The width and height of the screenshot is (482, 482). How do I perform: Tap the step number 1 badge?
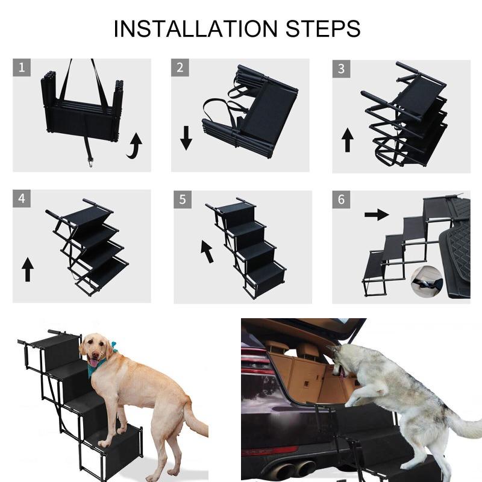(x=22, y=67)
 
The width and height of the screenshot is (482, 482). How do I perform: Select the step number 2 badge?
(x=180, y=67)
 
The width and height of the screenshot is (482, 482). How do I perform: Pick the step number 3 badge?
(x=341, y=68)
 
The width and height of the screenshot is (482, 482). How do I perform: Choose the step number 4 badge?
(x=22, y=198)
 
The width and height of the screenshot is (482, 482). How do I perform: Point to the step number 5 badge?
(x=182, y=199)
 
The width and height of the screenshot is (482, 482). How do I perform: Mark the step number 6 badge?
(x=341, y=199)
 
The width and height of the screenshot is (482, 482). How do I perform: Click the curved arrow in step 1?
(x=134, y=146)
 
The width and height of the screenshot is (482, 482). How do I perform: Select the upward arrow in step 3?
(x=347, y=140)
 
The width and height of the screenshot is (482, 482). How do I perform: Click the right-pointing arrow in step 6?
(x=377, y=214)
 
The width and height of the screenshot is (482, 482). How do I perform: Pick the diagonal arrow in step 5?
(x=207, y=251)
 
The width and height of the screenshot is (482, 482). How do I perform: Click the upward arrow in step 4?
(x=27, y=269)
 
